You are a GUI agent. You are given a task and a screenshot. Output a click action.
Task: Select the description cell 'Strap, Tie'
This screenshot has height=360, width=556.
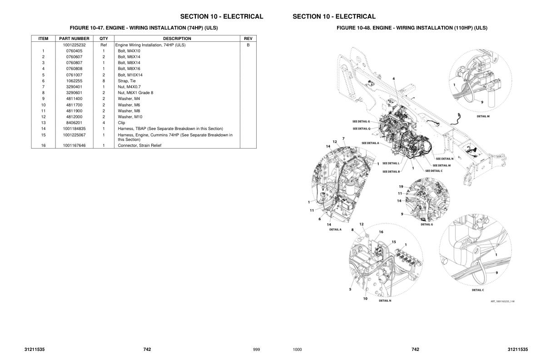click(x=127, y=81)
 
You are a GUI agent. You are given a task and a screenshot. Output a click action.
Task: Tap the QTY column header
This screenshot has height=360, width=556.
click(x=104, y=39)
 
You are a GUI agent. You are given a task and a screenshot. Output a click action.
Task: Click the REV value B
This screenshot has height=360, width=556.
click(x=248, y=45)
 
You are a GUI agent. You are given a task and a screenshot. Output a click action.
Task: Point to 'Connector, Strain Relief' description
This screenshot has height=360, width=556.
click(x=139, y=145)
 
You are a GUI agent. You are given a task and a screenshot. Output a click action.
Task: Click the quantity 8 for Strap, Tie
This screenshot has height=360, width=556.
click(x=104, y=81)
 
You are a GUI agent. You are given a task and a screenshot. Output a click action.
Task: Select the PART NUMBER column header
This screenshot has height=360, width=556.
click(x=74, y=39)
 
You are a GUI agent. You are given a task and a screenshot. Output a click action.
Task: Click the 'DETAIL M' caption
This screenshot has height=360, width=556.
click(x=483, y=116)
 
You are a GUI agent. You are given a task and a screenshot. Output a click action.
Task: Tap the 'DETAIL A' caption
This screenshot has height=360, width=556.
click(x=335, y=230)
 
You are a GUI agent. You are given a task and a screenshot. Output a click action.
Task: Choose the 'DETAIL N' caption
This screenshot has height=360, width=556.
click(x=385, y=300)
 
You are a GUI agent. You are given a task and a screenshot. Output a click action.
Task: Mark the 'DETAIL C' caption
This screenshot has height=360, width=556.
click(x=477, y=290)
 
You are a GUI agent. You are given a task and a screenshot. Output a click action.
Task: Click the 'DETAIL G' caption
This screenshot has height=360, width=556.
click(x=426, y=224)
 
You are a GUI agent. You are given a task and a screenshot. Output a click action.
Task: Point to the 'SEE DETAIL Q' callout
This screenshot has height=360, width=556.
click(x=361, y=129)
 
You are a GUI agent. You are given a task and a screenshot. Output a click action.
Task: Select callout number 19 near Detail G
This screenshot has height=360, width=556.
click(x=401, y=187)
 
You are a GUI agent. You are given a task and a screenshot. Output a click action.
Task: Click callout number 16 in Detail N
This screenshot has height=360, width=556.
click(x=381, y=232)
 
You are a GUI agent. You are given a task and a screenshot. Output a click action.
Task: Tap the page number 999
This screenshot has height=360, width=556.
click(x=256, y=350)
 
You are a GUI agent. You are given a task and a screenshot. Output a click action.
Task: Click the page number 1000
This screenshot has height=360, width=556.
click(x=297, y=350)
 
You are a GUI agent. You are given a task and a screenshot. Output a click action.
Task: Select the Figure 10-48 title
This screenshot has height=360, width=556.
click(x=412, y=28)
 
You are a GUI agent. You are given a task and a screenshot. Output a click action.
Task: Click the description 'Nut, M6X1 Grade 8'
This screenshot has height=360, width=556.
click(x=135, y=93)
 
